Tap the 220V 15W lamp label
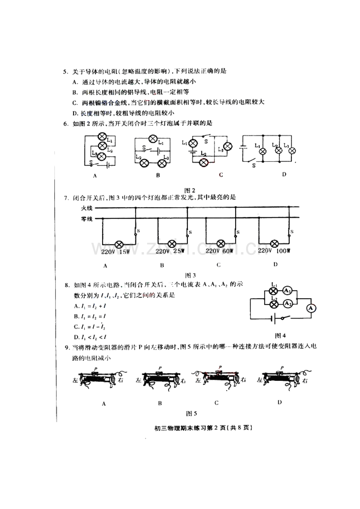coord(115,252)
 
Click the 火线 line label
coord(86,209)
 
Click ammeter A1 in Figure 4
coord(288,290)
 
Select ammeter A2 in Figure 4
coord(287,303)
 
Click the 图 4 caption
coord(281,335)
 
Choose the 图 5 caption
coord(191,413)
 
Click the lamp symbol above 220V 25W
coord(171,243)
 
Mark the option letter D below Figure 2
coord(284,174)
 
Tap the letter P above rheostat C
coord(220,367)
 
